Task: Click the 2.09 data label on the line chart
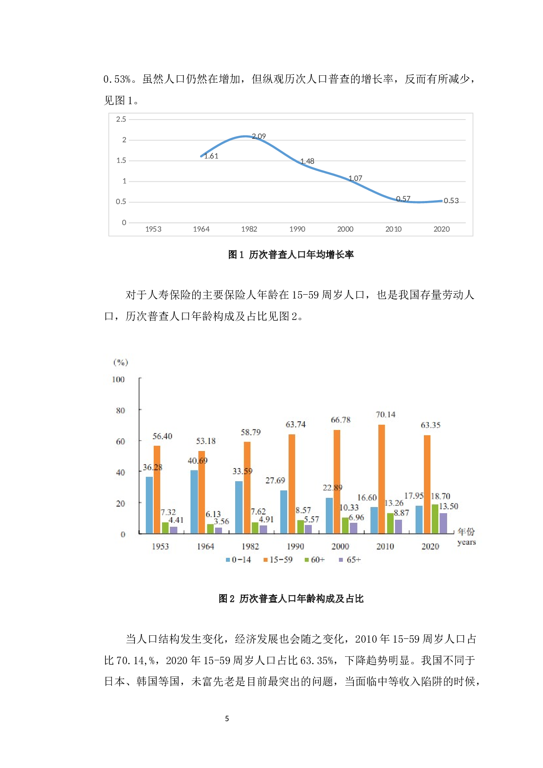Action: tap(259, 136)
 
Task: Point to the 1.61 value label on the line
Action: tap(211, 156)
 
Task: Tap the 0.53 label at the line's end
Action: tap(451, 201)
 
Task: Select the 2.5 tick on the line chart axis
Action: tap(121, 119)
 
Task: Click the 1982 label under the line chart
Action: tap(249, 229)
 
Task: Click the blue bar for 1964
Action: tap(194, 502)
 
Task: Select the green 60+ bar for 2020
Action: tap(435, 519)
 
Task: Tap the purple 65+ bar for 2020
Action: tap(443, 523)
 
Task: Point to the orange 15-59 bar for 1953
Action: tap(157, 490)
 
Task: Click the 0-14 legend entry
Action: tap(239, 560)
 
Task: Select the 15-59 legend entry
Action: tap(278, 560)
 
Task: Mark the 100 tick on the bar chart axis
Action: tap(118, 379)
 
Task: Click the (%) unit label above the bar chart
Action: tap(120, 362)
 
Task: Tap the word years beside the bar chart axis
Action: tap(466, 542)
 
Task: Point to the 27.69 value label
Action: tap(275, 480)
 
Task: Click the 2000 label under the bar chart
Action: tap(340, 546)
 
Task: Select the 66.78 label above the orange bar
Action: tap(341, 420)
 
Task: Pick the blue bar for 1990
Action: tap(284, 512)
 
